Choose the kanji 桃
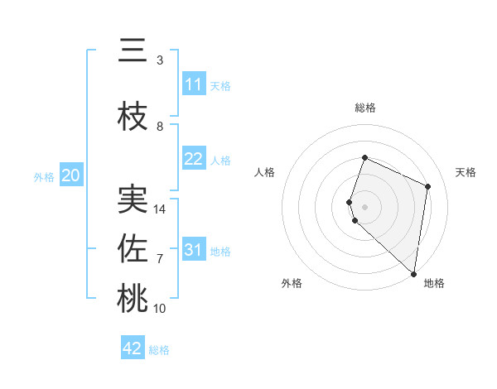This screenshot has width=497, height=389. point(133,298)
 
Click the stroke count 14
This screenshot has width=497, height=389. point(161,209)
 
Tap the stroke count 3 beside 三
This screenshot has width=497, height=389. point(160,60)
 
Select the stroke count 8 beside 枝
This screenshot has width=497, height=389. point(160,127)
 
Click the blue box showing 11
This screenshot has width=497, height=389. point(194,84)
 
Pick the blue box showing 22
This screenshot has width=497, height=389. point(194,159)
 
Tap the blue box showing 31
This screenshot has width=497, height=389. point(194,250)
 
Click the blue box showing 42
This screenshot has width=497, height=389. point(133,348)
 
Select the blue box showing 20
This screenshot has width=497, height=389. point(71,175)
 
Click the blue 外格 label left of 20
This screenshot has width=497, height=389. point(44,176)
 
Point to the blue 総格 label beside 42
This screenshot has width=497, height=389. point(159,350)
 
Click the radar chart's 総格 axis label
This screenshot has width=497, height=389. point(365,108)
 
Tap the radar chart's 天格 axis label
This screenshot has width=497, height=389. point(466,172)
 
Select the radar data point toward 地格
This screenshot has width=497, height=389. point(414,274)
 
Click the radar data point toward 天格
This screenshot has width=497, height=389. point(428,186)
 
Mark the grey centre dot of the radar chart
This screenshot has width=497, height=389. point(365,206)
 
